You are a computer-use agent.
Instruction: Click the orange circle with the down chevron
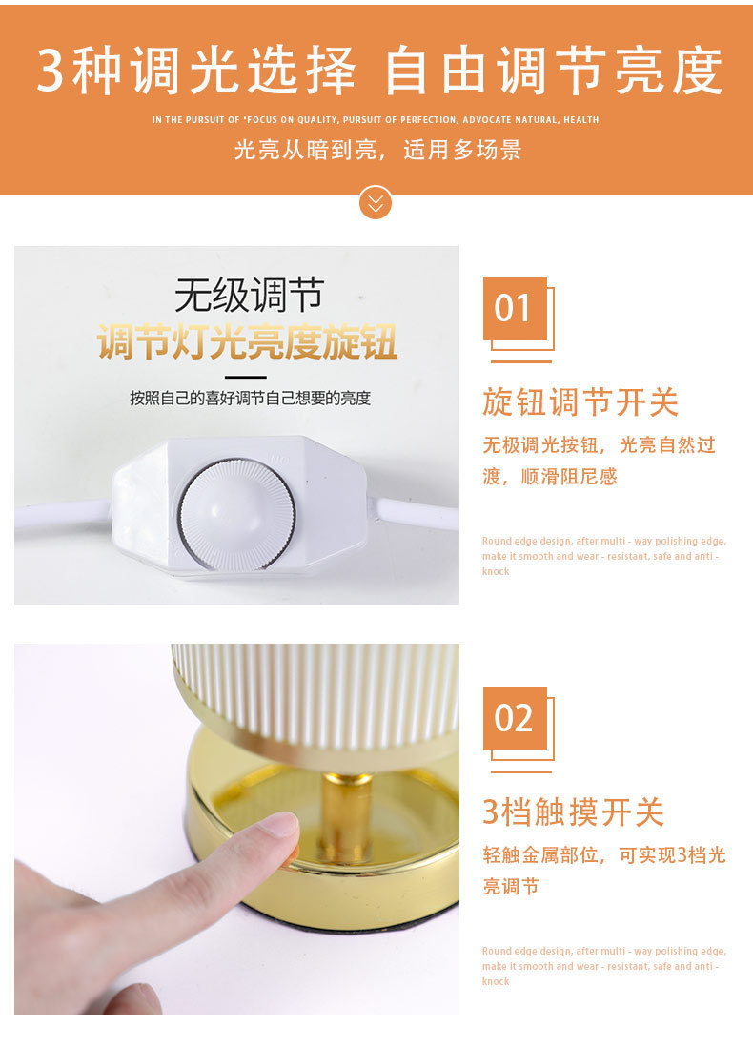coord(376,202)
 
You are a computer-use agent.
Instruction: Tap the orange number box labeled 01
coord(515,308)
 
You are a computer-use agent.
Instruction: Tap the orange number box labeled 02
coord(515,718)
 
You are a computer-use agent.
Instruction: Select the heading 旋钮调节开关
coord(580,402)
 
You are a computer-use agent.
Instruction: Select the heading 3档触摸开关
coord(574,812)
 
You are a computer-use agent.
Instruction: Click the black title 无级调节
coord(249,295)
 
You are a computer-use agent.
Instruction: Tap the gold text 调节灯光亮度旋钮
coord(248,341)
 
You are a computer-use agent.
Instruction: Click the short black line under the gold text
coord(246,377)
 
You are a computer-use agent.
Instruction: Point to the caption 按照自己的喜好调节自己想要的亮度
coord(250,399)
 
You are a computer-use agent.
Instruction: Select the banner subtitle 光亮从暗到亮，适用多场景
coord(377,150)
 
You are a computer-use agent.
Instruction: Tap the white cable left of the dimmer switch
coord(63,514)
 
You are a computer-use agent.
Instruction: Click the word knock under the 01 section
coord(496,571)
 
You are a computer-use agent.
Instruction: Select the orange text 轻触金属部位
coord(540,854)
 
